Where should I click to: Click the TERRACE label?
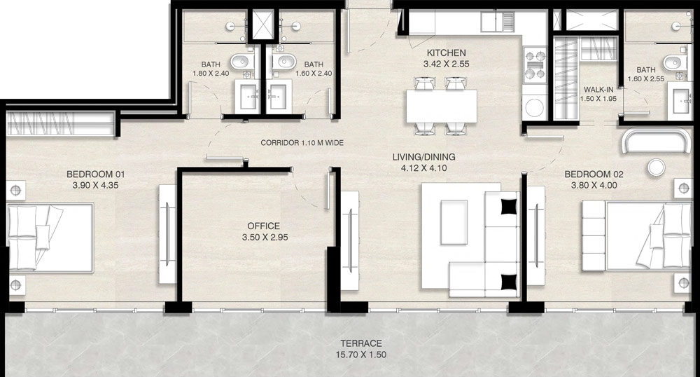[361, 343]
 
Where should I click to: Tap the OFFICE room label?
[264, 226]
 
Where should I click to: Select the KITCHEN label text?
[446, 53]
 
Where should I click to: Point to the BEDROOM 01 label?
[95, 174]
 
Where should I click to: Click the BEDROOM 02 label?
[594, 174]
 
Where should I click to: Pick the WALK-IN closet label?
[598, 90]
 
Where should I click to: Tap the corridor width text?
[302, 143]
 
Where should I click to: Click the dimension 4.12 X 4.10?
[423, 168]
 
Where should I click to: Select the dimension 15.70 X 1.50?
[361, 355]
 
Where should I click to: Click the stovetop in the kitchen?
[535, 64]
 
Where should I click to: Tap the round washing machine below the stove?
[534, 107]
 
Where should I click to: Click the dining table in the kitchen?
[442, 107]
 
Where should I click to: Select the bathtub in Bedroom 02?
[656, 141]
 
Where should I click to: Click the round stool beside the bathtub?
[657, 167]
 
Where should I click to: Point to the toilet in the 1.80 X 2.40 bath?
[241, 62]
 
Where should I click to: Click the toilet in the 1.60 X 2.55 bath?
[673, 62]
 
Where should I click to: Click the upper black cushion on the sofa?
[508, 206]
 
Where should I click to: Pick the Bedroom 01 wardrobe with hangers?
[61, 123]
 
